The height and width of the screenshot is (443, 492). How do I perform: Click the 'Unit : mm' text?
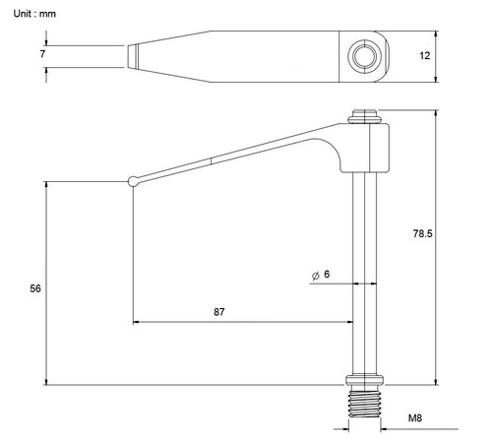coord(34,14)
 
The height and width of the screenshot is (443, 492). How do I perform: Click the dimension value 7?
coord(42,54)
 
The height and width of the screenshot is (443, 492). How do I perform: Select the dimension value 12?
coord(424,56)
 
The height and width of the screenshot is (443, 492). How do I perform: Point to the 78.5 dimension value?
coord(422,233)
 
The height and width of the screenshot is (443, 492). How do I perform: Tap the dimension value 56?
coord(35,288)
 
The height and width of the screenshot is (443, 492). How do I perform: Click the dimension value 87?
coord(219,312)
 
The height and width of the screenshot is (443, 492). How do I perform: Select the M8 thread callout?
coord(415,418)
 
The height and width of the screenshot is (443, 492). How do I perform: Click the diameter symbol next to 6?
coord(316,276)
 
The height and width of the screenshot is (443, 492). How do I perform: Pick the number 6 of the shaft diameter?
coord(327,274)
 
